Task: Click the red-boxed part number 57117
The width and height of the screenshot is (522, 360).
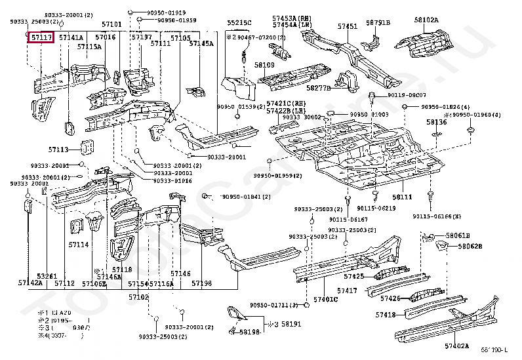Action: pyautogui.click(x=41, y=38)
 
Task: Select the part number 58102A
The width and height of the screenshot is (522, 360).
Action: pyautogui.click(x=426, y=20)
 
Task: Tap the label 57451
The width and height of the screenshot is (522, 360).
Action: pyautogui.click(x=348, y=26)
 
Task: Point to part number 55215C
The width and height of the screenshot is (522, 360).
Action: pyautogui.click(x=239, y=23)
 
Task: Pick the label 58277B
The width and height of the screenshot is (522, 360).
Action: pyautogui.click(x=319, y=87)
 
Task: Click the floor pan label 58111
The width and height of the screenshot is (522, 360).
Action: pyautogui.click(x=402, y=197)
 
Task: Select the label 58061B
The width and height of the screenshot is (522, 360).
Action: pyautogui.click(x=458, y=235)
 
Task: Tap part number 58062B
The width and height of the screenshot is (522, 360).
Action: pyautogui.click(x=470, y=246)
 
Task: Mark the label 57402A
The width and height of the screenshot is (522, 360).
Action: pyautogui.click(x=457, y=346)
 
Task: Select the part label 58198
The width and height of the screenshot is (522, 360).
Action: pyautogui.click(x=250, y=332)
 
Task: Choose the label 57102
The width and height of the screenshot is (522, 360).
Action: pyautogui.click(x=138, y=297)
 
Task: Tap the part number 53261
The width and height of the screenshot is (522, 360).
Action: pyautogui.click(x=47, y=276)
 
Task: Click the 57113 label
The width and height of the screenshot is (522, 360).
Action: pyautogui.click(x=58, y=149)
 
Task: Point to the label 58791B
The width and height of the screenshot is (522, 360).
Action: pyautogui.click(x=378, y=22)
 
